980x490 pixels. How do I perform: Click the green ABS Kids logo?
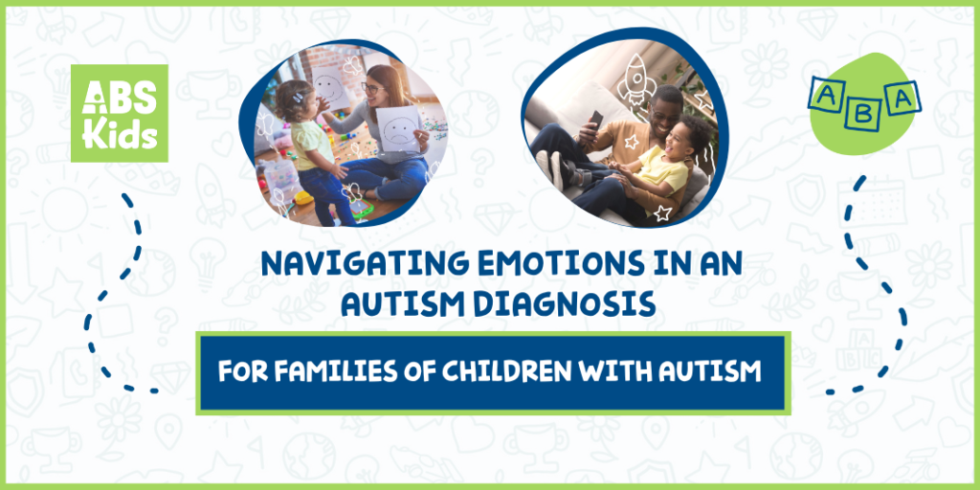119,113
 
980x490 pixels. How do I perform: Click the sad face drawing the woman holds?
400,129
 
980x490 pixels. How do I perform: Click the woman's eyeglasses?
370,88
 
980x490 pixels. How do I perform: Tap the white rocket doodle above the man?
636,78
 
